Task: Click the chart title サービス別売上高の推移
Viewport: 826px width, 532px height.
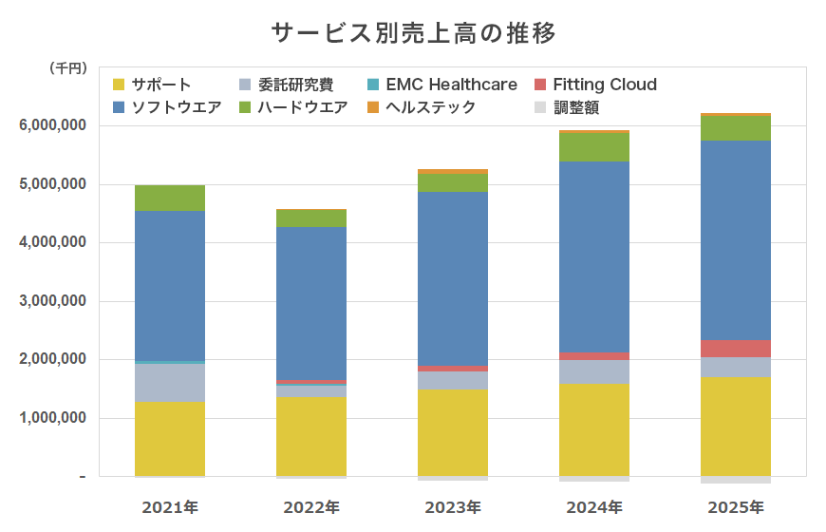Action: click(413, 33)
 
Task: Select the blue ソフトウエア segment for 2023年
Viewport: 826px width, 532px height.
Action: click(453, 278)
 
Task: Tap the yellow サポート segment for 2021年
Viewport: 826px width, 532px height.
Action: click(170, 438)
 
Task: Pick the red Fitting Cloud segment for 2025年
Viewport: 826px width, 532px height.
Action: click(736, 348)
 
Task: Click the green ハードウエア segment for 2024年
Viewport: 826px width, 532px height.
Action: click(594, 146)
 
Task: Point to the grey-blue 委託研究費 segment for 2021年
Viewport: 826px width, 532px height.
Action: click(170, 382)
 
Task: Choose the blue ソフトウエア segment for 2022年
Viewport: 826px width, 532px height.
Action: click(311, 303)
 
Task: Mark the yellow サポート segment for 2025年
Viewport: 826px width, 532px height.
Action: click(736, 426)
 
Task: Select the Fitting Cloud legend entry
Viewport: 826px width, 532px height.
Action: click(595, 85)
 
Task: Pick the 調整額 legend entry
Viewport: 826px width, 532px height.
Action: click(567, 107)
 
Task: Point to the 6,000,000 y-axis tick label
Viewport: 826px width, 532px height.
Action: click(53, 125)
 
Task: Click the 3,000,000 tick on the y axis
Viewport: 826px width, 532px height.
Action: click(53, 301)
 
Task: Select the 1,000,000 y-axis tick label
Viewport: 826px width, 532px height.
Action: click(53, 418)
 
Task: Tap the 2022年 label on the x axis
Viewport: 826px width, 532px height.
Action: click(311, 507)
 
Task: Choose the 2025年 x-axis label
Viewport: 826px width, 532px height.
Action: click(736, 507)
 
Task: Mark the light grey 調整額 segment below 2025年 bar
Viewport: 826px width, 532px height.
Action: click(736, 480)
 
